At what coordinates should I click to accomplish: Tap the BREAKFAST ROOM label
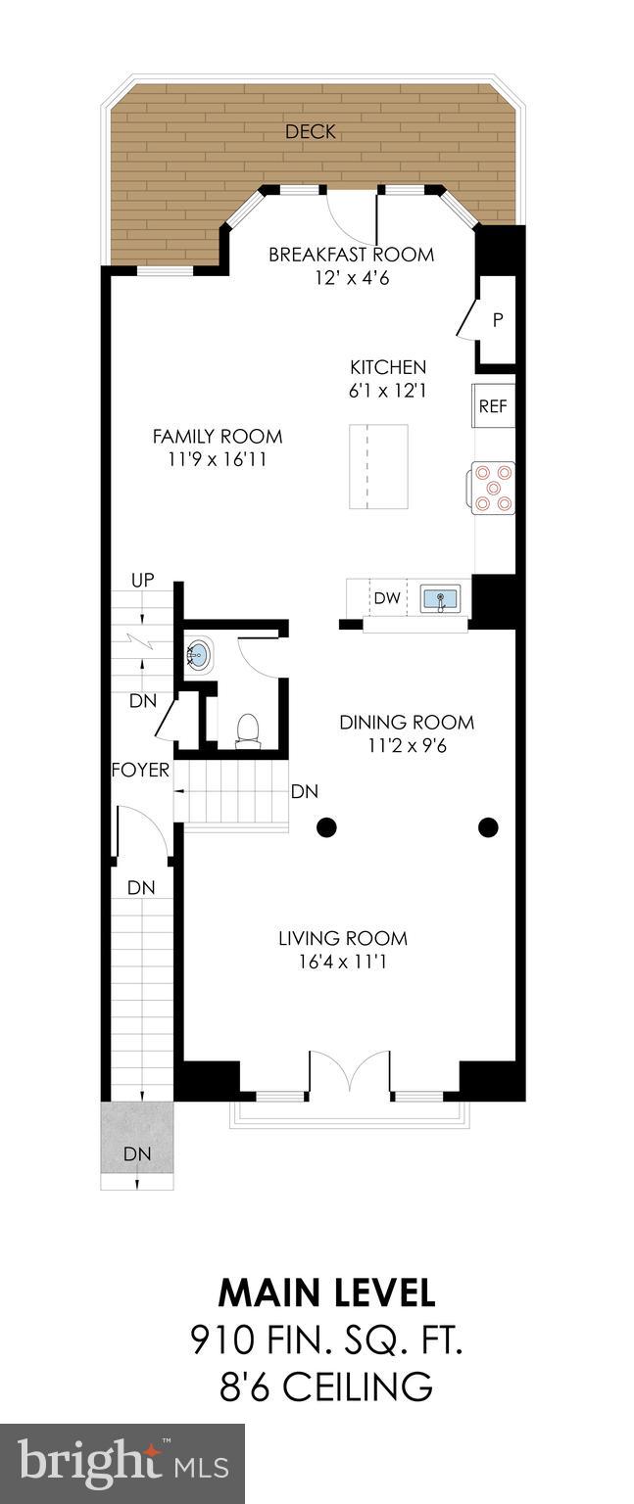pyautogui.click(x=351, y=255)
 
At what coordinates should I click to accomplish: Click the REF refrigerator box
pyautogui.click(x=493, y=406)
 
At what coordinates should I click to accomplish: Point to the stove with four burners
pyautogui.click(x=494, y=488)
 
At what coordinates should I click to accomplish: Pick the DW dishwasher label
pyautogui.click(x=387, y=598)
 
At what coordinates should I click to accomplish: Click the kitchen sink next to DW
pyautogui.click(x=441, y=598)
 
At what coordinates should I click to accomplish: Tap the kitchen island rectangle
pyautogui.click(x=378, y=466)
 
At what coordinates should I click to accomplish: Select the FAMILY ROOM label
pyautogui.click(x=218, y=437)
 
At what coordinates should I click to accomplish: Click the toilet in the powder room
pyautogui.click(x=249, y=729)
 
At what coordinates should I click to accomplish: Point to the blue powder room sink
pyautogui.click(x=199, y=653)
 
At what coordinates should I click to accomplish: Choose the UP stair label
pyautogui.click(x=143, y=581)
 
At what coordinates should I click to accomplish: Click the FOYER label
pyautogui.click(x=140, y=771)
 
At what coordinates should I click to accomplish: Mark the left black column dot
pyautogui.click(x=326, y=828)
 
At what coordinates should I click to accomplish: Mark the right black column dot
pyautogui.click(x=488, y=828)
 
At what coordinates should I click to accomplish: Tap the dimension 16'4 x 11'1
pyautogui.click(x=342, y=962)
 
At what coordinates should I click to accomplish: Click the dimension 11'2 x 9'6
pyautogui.click(x=407, y=745)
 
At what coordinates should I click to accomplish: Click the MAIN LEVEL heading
pyautogui.click(x=326, y=1292)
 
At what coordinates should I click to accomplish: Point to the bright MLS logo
pyautogui.click(x=122, y=1464)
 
